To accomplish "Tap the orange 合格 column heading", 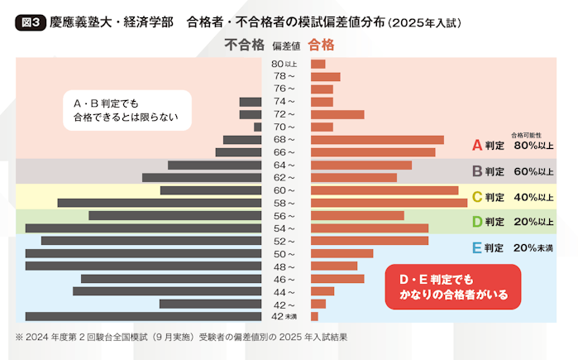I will [x=321, y=46].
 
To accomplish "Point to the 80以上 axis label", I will [x=284, y=64].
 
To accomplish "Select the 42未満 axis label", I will [x=284, y=316].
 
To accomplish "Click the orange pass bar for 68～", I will [x=377, y=140].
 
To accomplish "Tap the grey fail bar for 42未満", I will [x=144, y=316].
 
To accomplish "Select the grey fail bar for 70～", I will [x=258, y=127].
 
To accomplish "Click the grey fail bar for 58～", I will [x=160, y=203].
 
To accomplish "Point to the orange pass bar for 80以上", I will [x=318, y=64].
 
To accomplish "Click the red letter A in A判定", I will [x=476, y=146].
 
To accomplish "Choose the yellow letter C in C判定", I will [x=476, y=197].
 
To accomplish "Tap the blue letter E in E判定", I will [x=476, y=247].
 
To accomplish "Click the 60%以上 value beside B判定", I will [x=533, y=172].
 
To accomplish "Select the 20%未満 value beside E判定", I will [x=533, y=248].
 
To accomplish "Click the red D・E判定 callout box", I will [x=453, y=286].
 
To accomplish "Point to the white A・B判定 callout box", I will [x=127, y=110].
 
